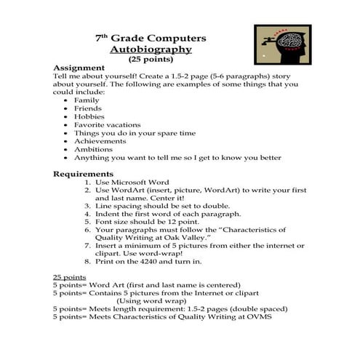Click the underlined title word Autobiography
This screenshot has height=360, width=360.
pos(151,49)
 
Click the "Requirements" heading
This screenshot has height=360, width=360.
pos(84,174)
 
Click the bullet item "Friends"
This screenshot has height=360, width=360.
pos(88,108)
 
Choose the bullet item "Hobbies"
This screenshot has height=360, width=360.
pos(89,116)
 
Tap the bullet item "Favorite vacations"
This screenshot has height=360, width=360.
pos(108,125)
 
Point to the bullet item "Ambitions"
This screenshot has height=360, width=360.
pos(94,150)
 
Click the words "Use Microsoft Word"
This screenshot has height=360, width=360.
pos(132,182)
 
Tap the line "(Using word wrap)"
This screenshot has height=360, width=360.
pos(152,300)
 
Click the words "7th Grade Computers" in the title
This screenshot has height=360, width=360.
pos(151,37)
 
